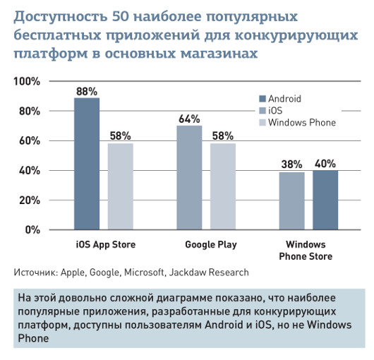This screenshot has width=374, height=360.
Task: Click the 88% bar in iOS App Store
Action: (87, 164)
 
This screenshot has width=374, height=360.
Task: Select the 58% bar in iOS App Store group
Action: (120, 186)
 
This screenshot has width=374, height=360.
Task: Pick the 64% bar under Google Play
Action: (189, 177)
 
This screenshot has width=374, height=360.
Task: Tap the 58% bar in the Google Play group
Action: (223, 186)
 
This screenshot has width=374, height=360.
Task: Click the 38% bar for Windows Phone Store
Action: (291, 201)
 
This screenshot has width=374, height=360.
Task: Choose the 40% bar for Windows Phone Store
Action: (325, 200)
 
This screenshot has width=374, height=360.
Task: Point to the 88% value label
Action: (87, 91)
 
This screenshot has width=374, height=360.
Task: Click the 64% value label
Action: (189, 119)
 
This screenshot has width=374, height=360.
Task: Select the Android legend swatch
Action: (263, 99)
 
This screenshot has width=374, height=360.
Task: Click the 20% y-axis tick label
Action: (28, 200)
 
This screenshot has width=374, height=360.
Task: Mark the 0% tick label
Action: (32, 230)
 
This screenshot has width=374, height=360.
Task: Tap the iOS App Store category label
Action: (105, 245)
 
